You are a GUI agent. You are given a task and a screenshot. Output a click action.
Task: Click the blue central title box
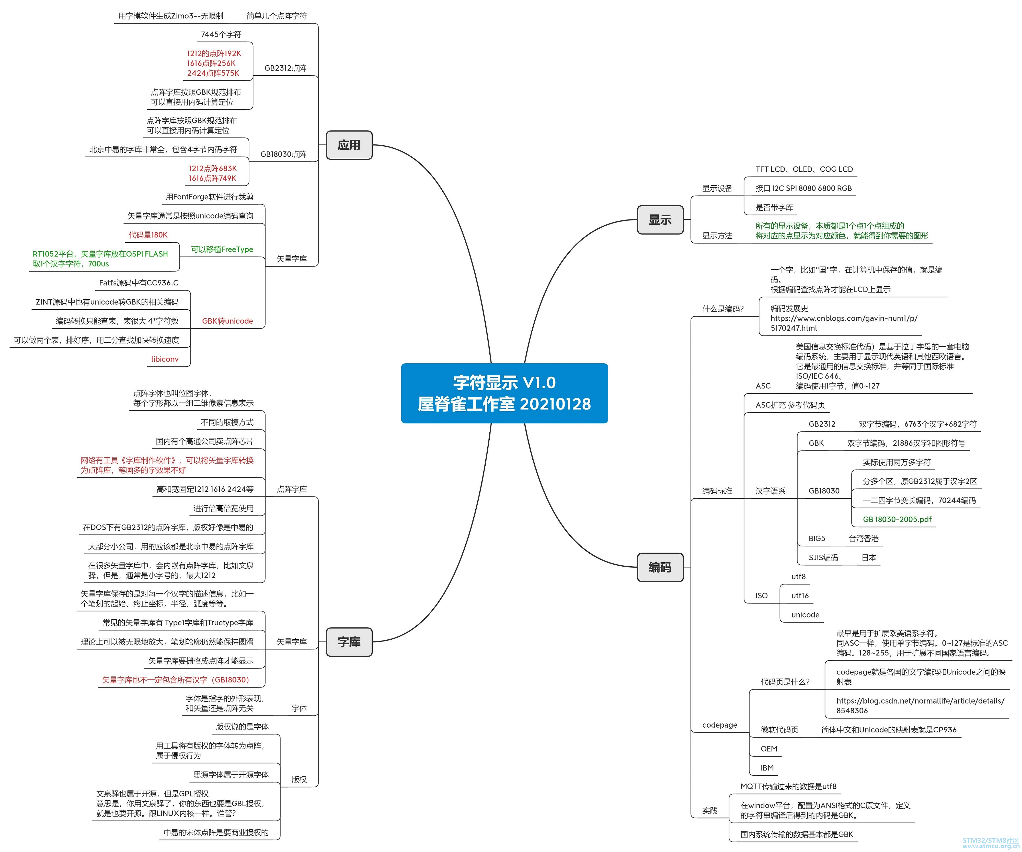(504, 393)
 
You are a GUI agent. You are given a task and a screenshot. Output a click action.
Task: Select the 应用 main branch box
(349, 145)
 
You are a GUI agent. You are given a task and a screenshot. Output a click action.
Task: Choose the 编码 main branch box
(660, 567)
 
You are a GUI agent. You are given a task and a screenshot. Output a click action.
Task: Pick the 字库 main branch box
(349, 642)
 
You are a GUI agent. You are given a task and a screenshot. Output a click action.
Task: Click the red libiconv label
(165, 359)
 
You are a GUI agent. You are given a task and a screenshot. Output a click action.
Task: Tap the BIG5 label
(817, 539)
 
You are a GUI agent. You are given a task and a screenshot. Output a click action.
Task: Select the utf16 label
(800, 596)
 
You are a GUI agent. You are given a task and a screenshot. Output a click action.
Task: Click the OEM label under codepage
(769, 749)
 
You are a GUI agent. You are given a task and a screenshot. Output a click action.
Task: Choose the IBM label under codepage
(767, 768)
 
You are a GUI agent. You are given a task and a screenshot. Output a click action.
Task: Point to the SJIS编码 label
(823, 558)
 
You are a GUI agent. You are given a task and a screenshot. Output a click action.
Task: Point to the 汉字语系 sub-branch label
(770, 491)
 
